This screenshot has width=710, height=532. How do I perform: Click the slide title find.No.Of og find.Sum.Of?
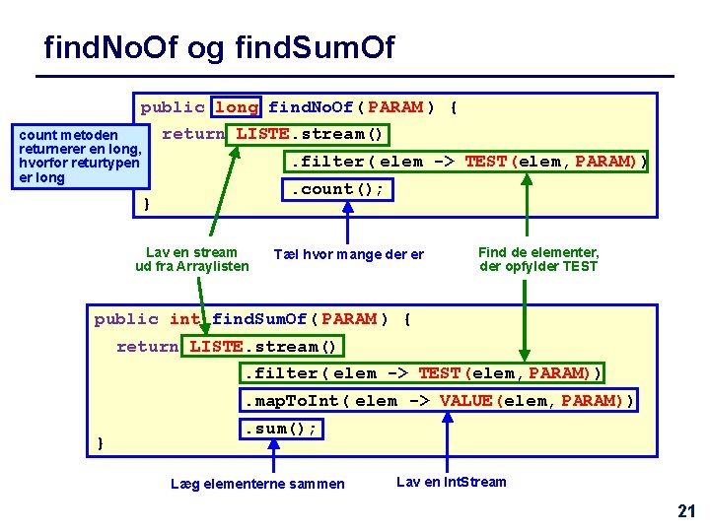click(x=219, y=46)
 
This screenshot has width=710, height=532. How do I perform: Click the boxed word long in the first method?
click(x=237, y=107)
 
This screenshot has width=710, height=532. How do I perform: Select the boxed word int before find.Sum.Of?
click(x=184, y=319)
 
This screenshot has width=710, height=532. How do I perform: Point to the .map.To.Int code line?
click(x=439, y=401)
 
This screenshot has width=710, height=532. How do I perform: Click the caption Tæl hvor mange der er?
click(x=348, y=255)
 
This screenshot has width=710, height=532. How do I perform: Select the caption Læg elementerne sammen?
click(x=257, y=484)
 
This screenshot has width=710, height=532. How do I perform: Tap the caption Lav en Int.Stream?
click(x=451, y=482)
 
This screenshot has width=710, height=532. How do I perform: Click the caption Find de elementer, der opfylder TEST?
click(x=538, y=259)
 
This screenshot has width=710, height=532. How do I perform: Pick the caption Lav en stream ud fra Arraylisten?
click(x=191, y=259)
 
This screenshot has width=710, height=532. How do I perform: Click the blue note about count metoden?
click(x=80, y=156)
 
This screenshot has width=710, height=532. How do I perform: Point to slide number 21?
click(x=686, y=510)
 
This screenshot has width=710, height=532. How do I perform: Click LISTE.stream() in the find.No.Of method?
click(x=309, y=134)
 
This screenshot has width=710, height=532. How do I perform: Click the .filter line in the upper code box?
click(x=465, y=162)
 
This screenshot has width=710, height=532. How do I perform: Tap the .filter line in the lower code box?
click(x=422, y=373)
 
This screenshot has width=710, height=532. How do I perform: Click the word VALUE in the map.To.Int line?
click(x=465, y=401)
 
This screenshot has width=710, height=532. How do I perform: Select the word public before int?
click(x=126, y=319)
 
